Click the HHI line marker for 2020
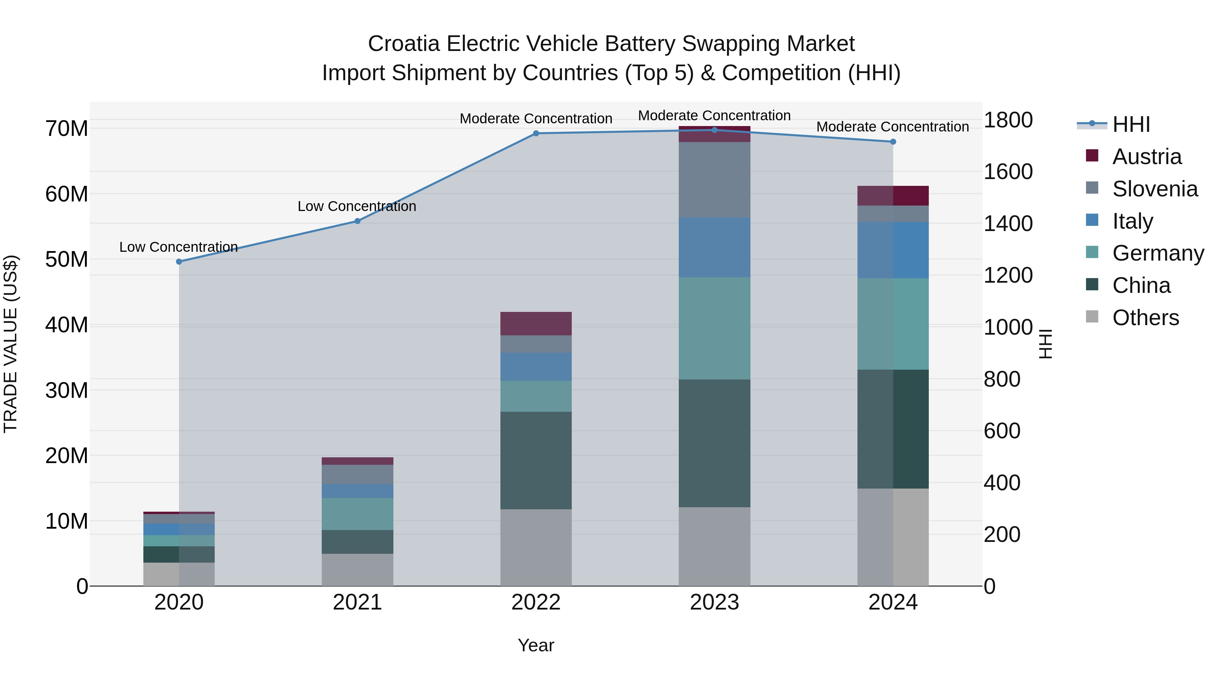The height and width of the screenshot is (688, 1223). tap(179, 262)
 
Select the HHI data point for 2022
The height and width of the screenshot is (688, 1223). tap(536, 134)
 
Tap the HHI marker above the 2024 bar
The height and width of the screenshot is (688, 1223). tap(893, 141)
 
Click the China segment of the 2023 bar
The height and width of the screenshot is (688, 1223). tap(714, 443)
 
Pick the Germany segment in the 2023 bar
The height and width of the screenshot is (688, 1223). tap(714, 328)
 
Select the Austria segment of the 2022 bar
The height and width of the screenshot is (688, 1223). tap(536, 324)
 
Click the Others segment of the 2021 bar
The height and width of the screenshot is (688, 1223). tap(357, 569)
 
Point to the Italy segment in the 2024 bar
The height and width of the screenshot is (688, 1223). tap(893, 250)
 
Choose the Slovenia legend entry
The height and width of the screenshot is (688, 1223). tap(1155, 189)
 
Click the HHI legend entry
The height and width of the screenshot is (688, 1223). tap(1131, 124)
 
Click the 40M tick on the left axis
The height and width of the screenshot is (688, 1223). tap(67, 325)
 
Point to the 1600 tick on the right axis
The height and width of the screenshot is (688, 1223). tap(1008, 172)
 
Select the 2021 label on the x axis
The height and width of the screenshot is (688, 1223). tap(357, 602)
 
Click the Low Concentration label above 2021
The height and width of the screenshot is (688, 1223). tap(357, 206)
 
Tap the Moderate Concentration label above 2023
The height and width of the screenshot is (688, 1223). tap(714, 116)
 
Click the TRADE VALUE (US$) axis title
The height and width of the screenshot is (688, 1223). tap(11, 344)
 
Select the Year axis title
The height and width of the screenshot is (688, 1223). tap(536, 645)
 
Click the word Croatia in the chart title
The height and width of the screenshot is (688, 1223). tap(404, 44)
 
